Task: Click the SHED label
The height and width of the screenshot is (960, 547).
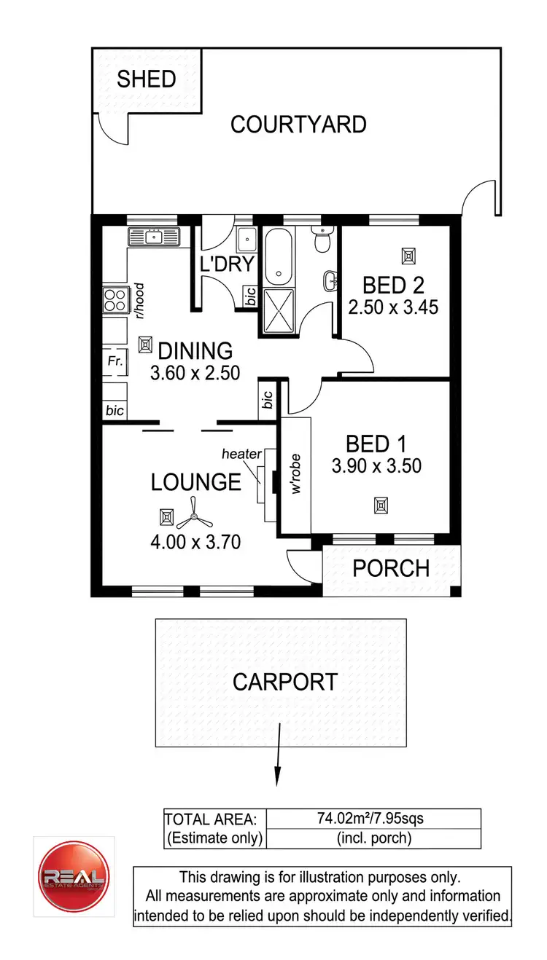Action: pos(146,79)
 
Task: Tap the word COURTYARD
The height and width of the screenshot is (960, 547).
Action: pos(298,125)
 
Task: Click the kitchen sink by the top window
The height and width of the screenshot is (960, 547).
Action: pos(154,236)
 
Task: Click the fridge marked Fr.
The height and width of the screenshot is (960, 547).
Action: pos(115,361)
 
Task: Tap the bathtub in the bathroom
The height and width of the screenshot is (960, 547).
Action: pos(276,257)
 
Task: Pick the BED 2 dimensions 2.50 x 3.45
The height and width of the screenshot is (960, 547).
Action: pos(393,307)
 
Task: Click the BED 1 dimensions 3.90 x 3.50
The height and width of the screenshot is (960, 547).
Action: pos(376,465)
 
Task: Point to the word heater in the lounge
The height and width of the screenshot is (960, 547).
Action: pos(241,454)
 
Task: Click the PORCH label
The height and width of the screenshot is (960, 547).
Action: pos(390,568)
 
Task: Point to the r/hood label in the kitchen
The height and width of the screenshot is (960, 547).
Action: pos(139,302)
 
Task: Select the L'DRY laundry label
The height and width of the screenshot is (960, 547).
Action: pos(226,264)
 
